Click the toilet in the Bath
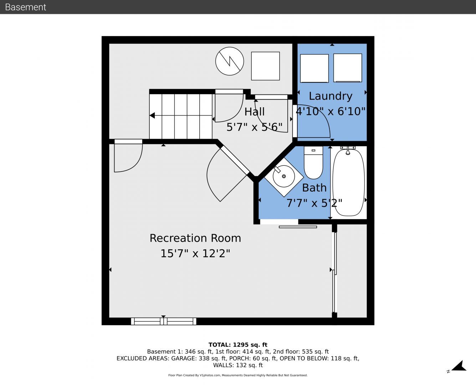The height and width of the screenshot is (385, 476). (x=313, y=163)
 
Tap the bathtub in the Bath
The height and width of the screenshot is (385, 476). (x=348, y=182)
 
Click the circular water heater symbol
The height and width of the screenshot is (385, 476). (x=230, y=61)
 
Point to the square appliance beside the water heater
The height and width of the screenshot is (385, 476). (x=266, y=66)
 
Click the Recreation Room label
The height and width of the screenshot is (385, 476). (x=195, y=238)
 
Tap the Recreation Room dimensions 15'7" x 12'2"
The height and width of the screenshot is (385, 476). (x=195, y=253)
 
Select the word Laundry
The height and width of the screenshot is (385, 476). (x=331, y=96)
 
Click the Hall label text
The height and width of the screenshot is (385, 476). (x=254, y=112)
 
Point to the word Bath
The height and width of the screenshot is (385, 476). (x=314, y=188)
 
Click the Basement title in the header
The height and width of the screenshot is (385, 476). (x=25, y=7)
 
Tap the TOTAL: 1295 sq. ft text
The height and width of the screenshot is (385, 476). (x=238, y=345)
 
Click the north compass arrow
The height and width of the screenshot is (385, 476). (x=459, y=366)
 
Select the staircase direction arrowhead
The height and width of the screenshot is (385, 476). (x=152, y=115)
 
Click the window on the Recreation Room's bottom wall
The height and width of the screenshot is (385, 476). (x=164, y=321)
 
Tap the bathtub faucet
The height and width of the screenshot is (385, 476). (x=348, y=150)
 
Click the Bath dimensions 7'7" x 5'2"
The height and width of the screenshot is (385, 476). (x=314, y=203)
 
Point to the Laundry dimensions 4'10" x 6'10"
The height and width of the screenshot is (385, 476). (x=331, y=111)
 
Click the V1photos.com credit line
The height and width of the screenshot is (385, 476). (x=238, y=375)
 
